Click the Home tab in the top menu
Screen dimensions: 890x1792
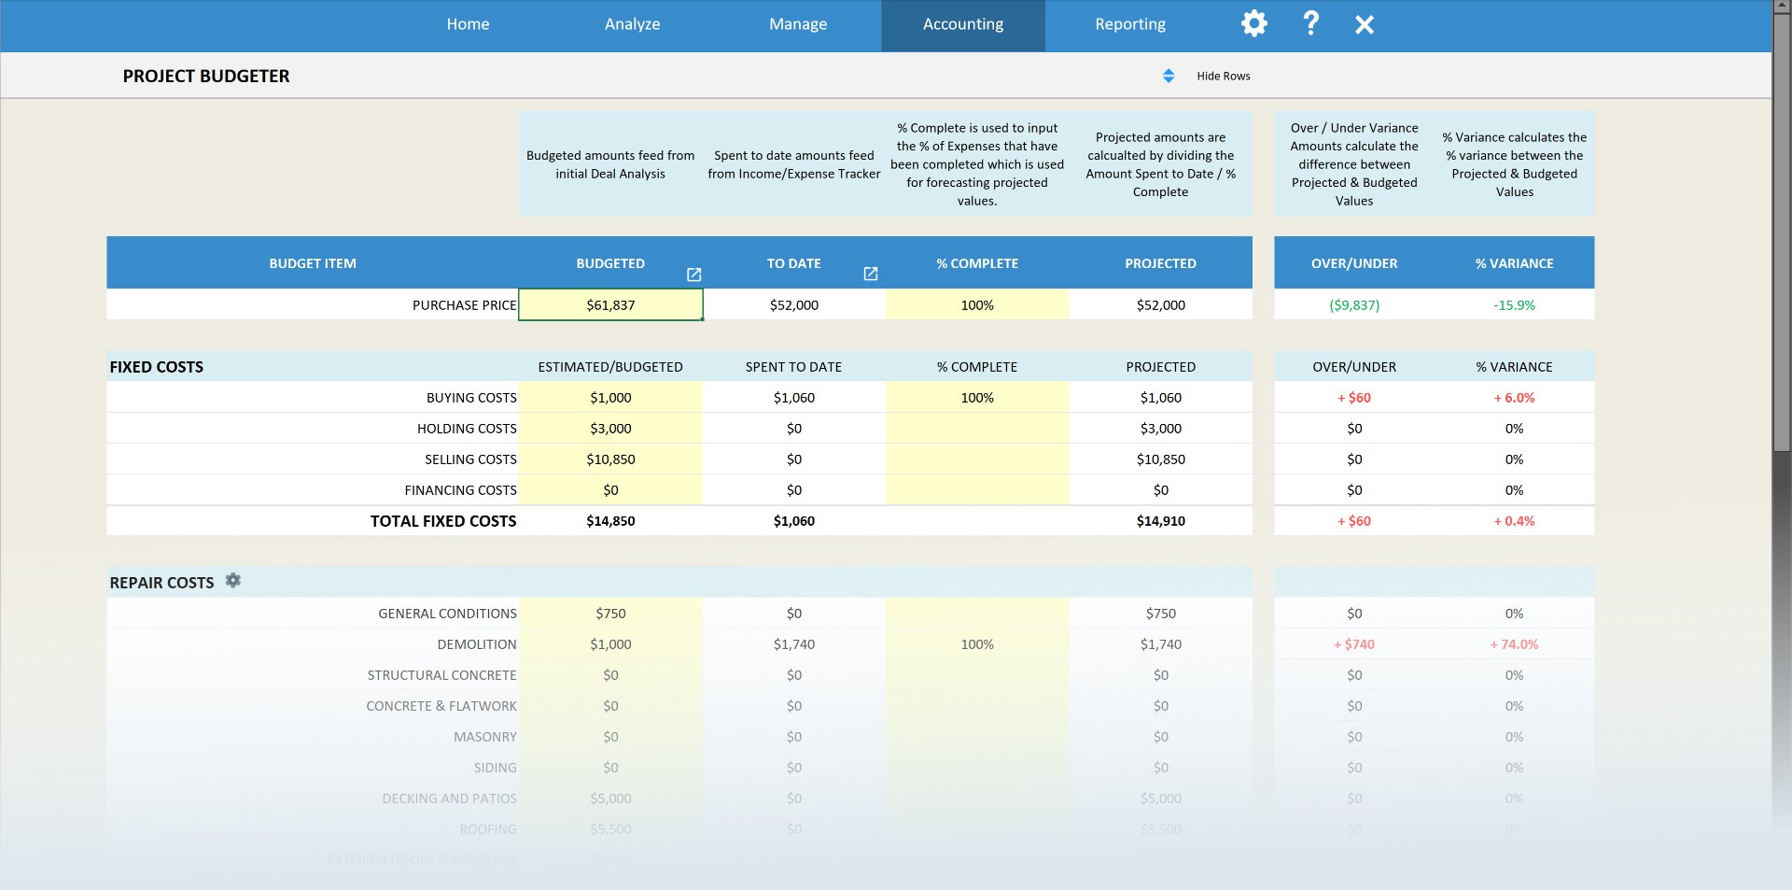468,24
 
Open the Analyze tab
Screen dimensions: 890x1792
632,24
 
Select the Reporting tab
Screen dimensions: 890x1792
1130,24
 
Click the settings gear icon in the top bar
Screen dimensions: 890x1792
1253,23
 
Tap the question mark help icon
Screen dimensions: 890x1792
1310,23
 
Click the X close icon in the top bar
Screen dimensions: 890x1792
1364,24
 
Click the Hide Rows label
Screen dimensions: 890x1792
1223,77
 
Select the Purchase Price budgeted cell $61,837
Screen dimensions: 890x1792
610,305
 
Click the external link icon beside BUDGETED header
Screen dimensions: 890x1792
693,275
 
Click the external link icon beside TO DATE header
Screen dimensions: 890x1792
871,274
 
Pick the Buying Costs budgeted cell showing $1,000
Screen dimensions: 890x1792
610,398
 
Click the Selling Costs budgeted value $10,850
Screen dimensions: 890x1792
610,459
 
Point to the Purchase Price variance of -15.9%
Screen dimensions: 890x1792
1514,305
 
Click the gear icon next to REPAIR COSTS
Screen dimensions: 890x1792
233,581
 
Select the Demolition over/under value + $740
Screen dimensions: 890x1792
1353,644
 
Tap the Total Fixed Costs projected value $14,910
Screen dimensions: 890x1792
1160,521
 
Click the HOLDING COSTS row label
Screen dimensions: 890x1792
467,429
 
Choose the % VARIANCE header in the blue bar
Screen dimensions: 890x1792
1514,263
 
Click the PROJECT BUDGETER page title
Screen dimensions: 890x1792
206,77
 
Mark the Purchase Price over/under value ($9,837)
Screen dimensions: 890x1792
1353,305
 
